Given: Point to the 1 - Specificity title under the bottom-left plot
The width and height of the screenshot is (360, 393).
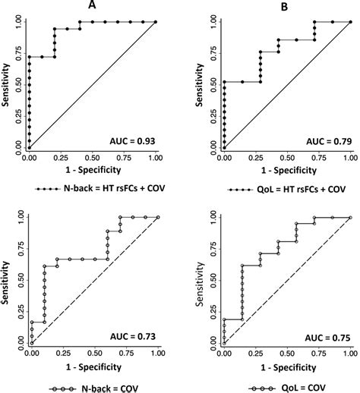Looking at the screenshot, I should [93, 366].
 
